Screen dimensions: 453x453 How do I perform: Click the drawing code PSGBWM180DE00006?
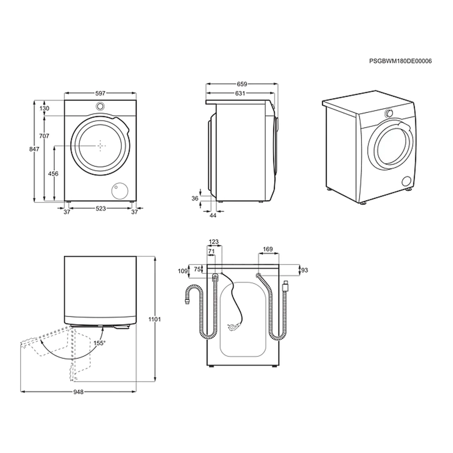[x=400, y=61]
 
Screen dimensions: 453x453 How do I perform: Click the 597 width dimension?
[x=100, y=93]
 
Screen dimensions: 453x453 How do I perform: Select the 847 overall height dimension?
[x=34, y=149]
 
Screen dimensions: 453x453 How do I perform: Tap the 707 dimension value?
[x=44, y=136]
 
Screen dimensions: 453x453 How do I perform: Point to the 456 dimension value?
[x=53, y=174]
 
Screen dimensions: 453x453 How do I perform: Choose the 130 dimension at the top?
[x=45, y=108]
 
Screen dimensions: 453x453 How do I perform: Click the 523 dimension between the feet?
[x=101, y=208]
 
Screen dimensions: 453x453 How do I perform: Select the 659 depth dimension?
[x=242, y=84]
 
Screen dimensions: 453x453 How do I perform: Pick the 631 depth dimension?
[x=240, y=93]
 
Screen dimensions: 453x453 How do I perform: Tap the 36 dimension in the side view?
[x=195, y=199]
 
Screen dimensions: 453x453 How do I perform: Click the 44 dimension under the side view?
[x=213, y=215]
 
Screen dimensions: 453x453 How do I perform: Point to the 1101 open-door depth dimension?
[x=155, y=320]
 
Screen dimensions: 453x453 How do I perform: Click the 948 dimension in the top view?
[x=78, y=392]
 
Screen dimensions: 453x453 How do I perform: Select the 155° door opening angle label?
[x=99, y=343]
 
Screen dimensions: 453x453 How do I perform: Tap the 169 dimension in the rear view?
[x=268, y=249]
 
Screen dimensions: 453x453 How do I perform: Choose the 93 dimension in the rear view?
[x=304, y=270]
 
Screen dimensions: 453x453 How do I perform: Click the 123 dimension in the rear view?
[x=214, y=242]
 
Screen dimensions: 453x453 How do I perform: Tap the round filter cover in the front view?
[x=120, y=191]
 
